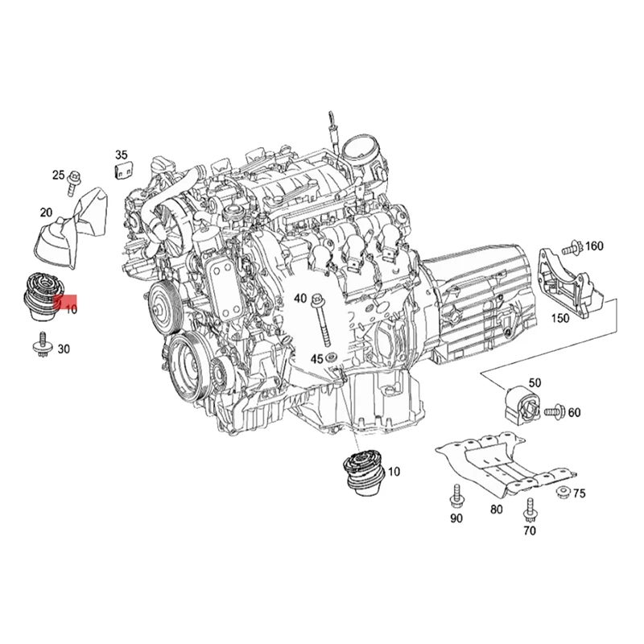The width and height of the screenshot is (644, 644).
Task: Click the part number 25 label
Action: click(x=58, y=175)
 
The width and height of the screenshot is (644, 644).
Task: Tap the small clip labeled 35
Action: click(x=122, y=170)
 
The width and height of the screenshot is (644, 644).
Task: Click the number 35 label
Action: click(x=122, y=154)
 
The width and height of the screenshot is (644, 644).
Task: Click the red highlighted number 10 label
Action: click(x=69, y=308)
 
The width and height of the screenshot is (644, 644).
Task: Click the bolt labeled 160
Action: click(x=572, y=246)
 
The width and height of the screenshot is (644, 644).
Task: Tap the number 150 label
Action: click(x=561, y=318)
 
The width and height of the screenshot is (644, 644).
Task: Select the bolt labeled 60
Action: click(x=553, y=412)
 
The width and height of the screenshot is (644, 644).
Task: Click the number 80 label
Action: click(x=496, y=510)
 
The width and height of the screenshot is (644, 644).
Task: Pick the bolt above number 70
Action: click(x=529, y=510)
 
